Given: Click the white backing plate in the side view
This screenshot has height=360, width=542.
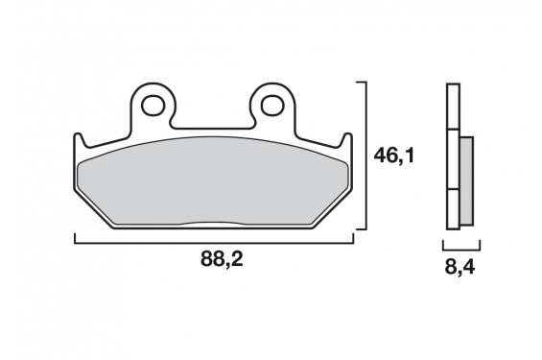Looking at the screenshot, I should point(452,158).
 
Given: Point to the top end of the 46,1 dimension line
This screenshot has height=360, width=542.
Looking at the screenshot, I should point(365,84).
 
